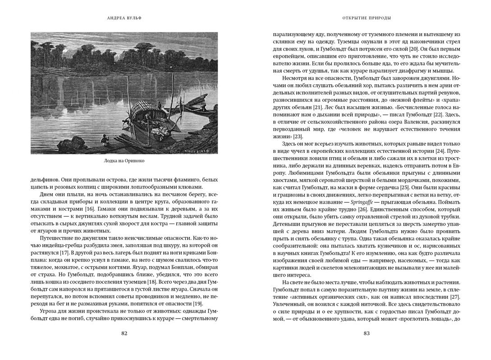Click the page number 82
coord(124,333)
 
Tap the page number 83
coord(367,333)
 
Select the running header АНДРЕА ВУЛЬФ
coord(124,18)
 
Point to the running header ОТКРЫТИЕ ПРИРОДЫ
coord(367,18)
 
